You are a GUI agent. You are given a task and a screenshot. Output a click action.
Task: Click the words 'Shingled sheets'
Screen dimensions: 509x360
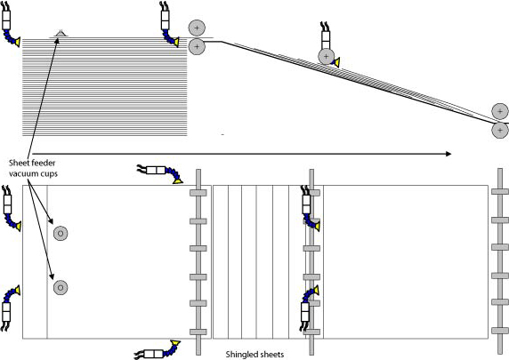254,355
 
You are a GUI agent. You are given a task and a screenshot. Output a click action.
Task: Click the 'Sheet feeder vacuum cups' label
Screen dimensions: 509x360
33,168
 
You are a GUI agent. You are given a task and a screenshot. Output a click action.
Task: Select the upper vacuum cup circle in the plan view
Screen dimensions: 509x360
61,233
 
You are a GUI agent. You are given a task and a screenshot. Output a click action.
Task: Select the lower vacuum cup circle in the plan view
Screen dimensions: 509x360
61,287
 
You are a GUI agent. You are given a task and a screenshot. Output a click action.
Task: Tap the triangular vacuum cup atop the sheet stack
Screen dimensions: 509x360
60,33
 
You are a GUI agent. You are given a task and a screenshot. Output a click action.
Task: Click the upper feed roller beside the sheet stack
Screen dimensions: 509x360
197,28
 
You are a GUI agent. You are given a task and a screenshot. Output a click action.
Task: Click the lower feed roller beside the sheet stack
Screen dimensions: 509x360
197,47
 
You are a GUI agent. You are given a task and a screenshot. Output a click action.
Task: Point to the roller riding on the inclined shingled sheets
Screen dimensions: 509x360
327,56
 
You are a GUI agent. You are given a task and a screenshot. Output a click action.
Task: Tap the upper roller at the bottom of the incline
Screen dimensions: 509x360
500,111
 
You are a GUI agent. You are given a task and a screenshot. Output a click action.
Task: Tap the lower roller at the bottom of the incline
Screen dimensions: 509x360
500,131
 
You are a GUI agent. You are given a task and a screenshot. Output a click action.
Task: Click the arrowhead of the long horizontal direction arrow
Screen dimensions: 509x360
448,154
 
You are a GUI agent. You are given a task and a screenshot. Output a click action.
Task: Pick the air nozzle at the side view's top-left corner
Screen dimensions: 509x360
9,24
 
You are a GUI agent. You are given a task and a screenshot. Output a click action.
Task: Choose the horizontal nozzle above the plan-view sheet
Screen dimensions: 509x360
160,172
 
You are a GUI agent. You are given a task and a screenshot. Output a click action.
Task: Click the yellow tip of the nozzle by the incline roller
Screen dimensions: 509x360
337,62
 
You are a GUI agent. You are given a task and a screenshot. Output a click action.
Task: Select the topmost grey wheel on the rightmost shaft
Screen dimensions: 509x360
500,192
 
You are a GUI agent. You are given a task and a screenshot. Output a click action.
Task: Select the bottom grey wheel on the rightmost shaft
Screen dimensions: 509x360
500,331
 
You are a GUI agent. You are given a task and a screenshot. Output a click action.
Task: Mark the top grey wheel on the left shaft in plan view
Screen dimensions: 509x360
198,193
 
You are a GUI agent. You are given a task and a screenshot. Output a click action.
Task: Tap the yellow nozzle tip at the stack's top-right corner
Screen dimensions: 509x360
176,42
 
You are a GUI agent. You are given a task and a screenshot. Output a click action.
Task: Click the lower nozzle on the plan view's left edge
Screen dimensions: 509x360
10,308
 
